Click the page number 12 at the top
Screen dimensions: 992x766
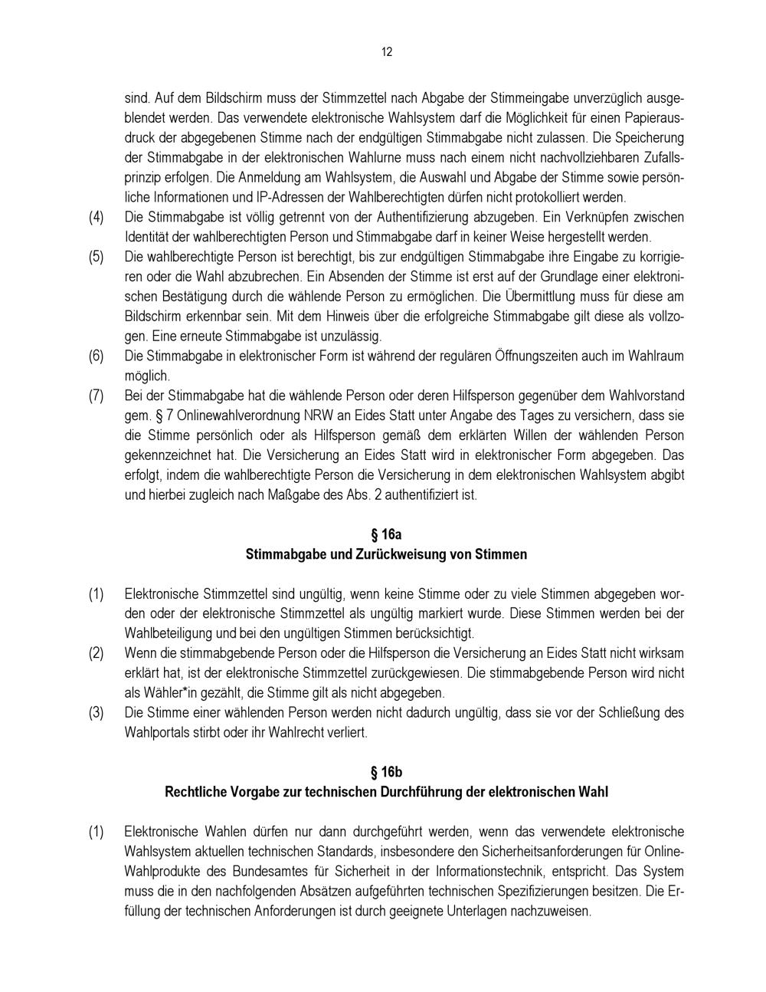click(386, 52)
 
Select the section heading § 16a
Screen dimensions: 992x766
click(386, 534)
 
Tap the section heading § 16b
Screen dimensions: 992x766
click(386, 772)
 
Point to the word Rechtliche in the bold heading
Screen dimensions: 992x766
click(194, 792)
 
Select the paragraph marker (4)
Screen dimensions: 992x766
click(96, 217)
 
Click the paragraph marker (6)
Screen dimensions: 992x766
click(96, 356)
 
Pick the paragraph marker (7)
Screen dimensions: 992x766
click(96, 396)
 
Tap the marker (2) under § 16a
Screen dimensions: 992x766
click(96, 653)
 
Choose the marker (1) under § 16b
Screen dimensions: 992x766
click(96, 832)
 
